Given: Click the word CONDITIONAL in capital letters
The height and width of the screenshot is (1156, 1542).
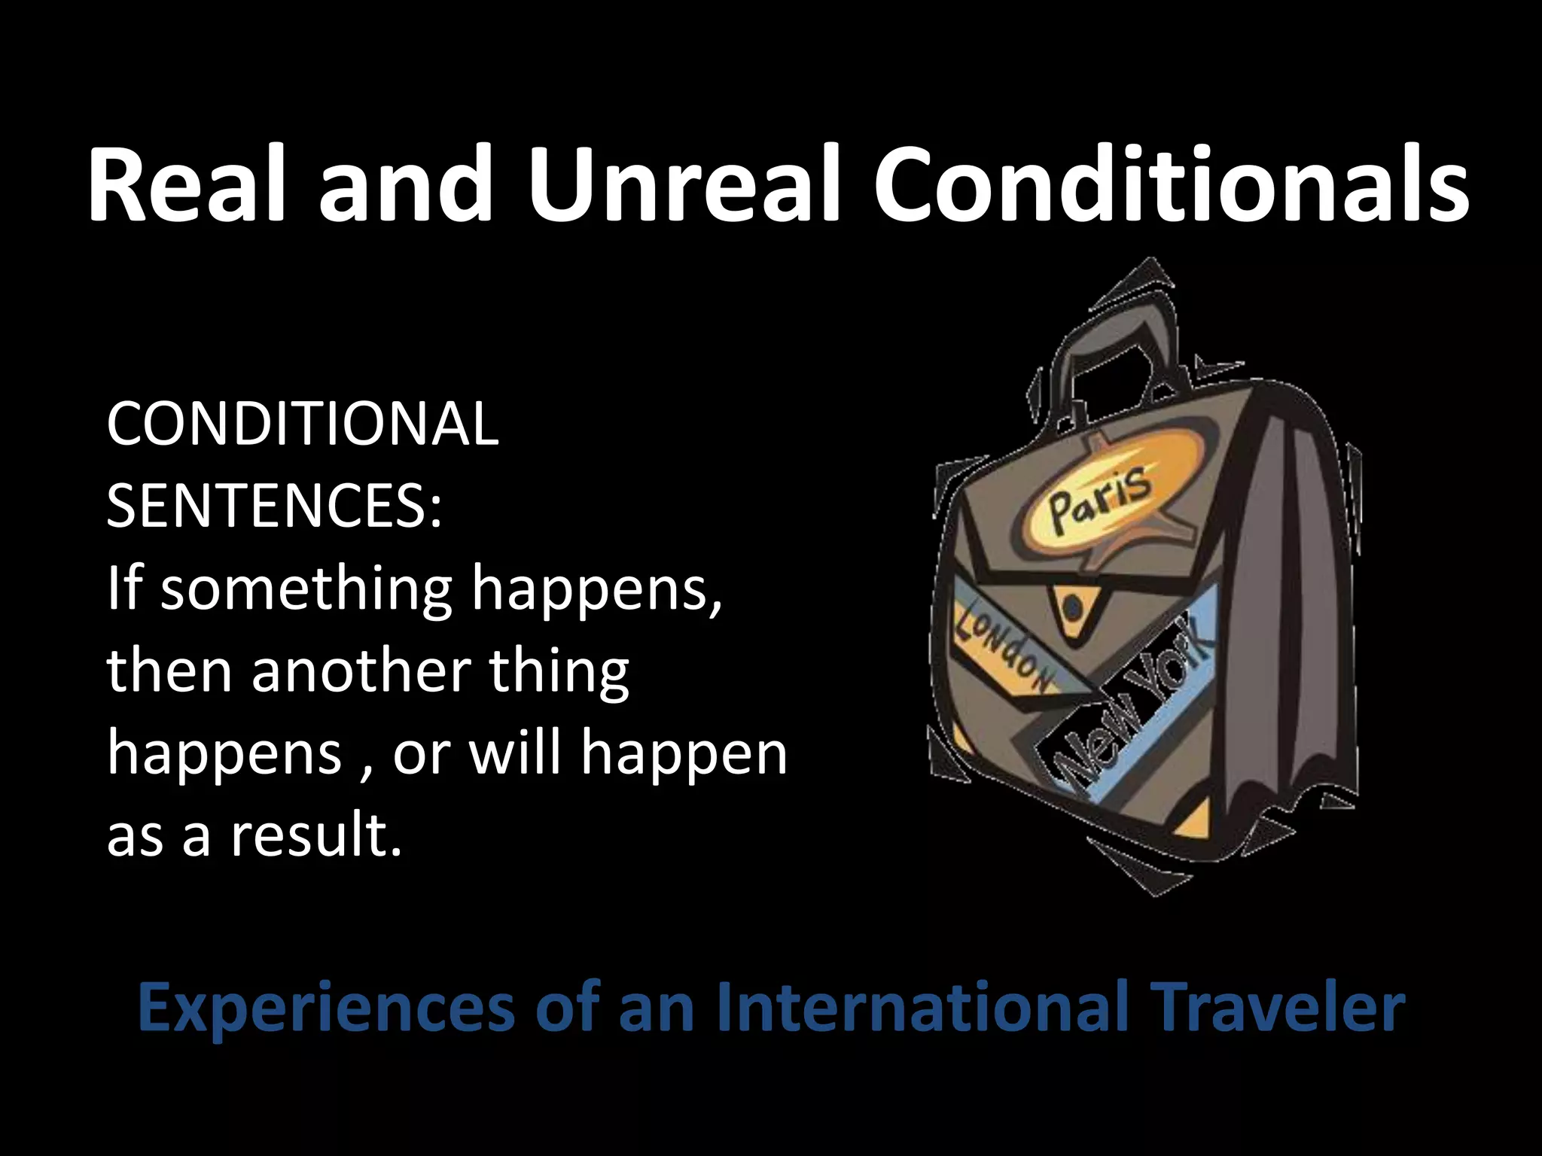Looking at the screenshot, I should coord(302,424).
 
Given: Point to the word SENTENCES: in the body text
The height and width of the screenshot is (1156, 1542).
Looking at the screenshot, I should coord(274,506).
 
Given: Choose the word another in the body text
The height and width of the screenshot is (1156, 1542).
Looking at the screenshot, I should coord(358,670).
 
